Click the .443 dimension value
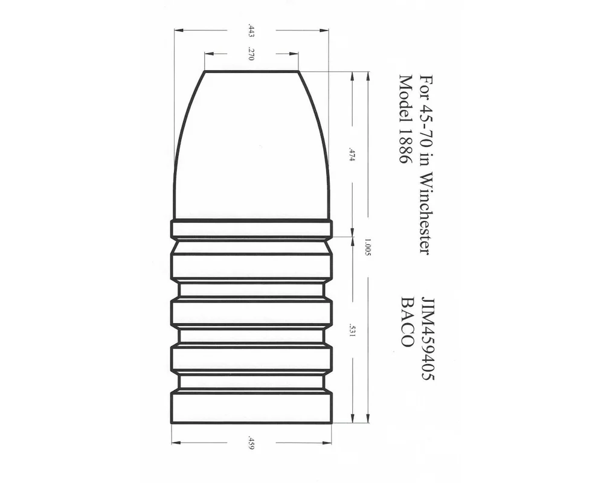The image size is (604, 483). (x=251, y=31)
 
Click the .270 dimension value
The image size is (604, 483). (x=251, y=54)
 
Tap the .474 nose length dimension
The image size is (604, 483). (x=351, y=154)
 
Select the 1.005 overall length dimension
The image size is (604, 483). (x=367, y=248)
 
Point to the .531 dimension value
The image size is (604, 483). (x=351, y=330)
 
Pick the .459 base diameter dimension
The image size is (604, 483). (x=251, y=443)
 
